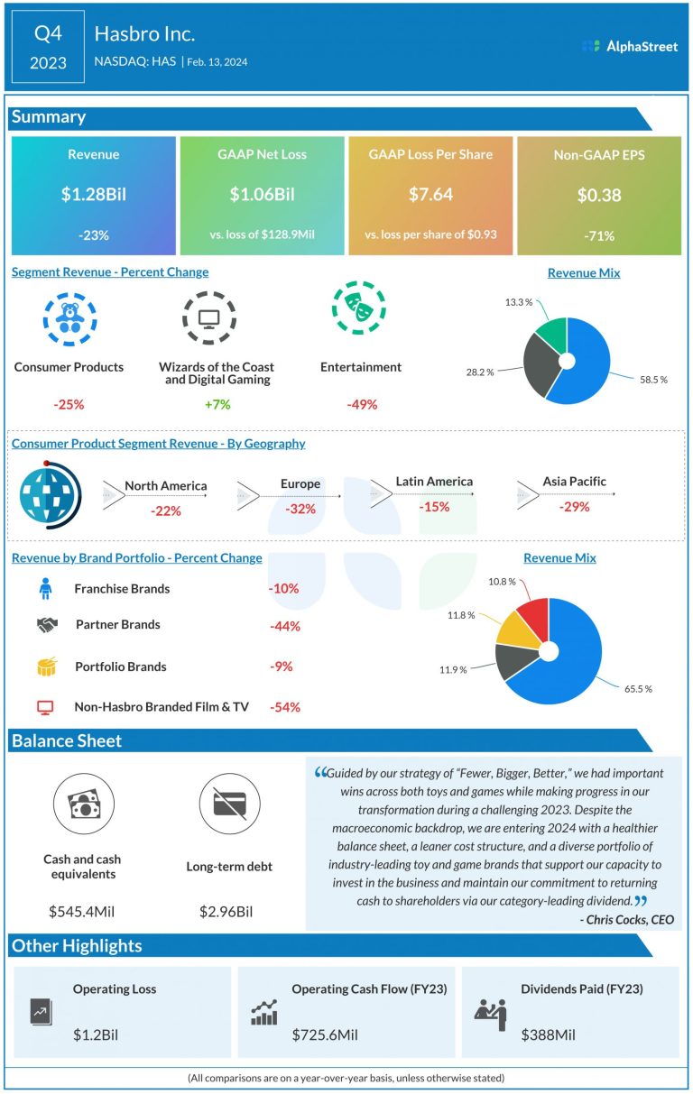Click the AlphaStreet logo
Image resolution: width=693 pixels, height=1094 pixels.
click(630, 46)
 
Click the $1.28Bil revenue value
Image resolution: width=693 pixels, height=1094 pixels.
click(94, 194)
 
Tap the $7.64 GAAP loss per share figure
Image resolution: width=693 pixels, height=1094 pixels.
click(430, 194)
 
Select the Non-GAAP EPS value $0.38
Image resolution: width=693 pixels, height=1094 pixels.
click(599, 195)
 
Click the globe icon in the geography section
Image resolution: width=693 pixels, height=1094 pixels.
click(51, 495)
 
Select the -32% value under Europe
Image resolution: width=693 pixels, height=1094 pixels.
click(300, 509)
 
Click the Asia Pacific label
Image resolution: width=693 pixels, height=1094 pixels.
click(575, 482)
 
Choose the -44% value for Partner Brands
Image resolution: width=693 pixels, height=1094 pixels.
click(285, 626)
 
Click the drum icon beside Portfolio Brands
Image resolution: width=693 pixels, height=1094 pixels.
click(47, 667)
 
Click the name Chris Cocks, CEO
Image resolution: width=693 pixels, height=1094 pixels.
click(627, 920)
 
